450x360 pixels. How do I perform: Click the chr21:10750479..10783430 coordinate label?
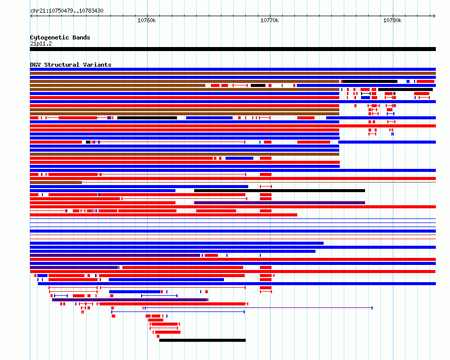click(x=67, y=11)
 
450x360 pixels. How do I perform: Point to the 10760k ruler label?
click(x=147, y=20)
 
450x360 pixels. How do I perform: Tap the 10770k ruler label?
click(x=269, y=20)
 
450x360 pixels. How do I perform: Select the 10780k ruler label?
click(x=392, y=20)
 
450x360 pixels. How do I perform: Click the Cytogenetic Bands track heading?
click(x=60, y=37)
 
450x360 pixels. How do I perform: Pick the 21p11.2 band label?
click(x=41, y=43)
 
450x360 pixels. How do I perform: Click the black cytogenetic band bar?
click(x=233, y=49)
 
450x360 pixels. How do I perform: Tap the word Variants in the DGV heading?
click(x=97, y=65)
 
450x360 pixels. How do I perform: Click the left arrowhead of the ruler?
click(x=31, y=16)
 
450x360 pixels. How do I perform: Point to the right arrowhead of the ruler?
click(x=434, y=16)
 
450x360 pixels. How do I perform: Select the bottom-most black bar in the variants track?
click(x=202, y=340)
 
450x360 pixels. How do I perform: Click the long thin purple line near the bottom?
click(x=258, y=308)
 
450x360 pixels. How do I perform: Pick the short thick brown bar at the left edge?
click(x=56, y=183)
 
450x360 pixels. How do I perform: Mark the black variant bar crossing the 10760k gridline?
click(x=147, y=118)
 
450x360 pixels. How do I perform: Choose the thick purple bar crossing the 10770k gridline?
click(x=280, y=203)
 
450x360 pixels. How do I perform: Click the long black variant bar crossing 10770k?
click(x=280, y=191)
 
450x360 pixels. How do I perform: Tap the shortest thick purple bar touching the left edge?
click(x=74, y=267)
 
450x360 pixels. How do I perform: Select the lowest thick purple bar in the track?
click(x=130, y=300)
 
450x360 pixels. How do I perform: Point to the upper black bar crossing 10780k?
click(x=370, y=81)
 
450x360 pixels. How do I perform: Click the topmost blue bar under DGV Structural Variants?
click(x=233, y=69)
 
